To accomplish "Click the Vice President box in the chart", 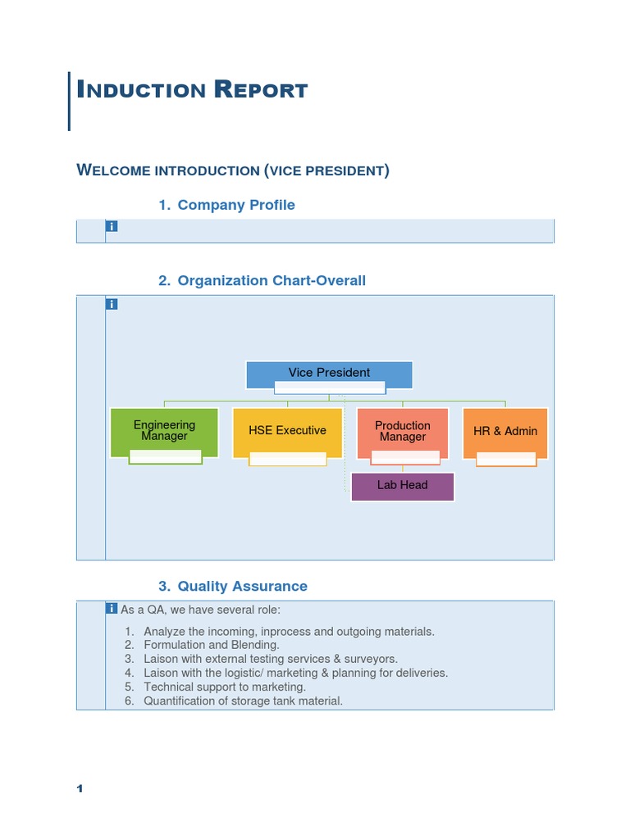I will (329, 373).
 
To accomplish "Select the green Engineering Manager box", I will (164, 431).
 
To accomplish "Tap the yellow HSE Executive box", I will (287, 431).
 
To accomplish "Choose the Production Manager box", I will (402, 431).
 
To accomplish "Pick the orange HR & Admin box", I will (505, 431).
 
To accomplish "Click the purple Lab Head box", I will (402, 486).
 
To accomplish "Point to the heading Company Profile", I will (236, 205).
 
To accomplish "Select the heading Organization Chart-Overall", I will (272, 281).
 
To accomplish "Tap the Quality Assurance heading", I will (242, 587).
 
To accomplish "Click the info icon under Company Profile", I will (112, 226).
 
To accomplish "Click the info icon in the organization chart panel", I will (112, 304).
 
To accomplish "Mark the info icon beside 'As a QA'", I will (112, 608).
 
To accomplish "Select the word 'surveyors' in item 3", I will (371, 660).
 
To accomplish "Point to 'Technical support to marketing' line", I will (225, 687).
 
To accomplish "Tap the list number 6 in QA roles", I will (129, 701).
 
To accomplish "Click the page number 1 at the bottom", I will (80, 789).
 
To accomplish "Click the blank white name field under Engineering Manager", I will (165, 457).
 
